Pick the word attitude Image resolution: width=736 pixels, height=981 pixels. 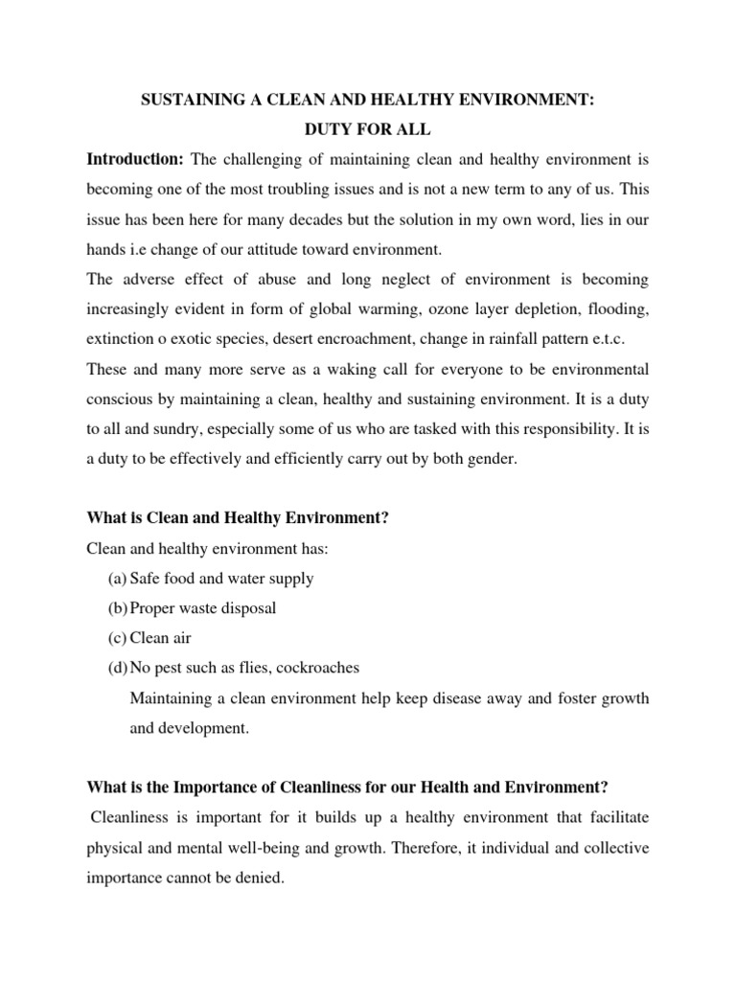[x=301, y=250]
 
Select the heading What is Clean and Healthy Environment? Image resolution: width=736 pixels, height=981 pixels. [x=237, y=518]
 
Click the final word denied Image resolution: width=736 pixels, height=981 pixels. [x=262, y=876]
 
